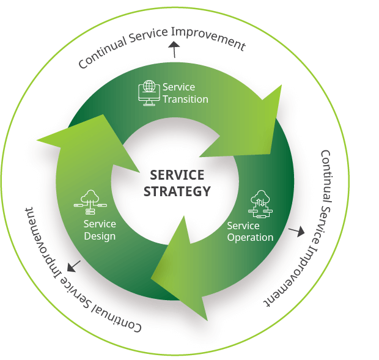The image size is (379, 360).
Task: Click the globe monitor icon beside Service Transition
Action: pos(149,93)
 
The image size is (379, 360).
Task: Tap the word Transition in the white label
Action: pos(185,99)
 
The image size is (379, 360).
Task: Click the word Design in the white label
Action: pos(100,237)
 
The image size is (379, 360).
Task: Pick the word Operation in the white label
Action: pos(250,237)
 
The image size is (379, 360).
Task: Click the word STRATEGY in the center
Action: pos(177,191)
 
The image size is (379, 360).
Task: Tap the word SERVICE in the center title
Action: pos(177,175)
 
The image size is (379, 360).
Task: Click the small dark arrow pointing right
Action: pos(296,232)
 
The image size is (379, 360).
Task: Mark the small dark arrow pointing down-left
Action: pos(74,266)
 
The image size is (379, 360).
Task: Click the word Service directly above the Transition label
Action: pos(178,87)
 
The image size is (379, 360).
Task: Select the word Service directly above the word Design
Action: pos(100,224)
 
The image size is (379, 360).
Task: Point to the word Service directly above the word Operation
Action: pos(243,226)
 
